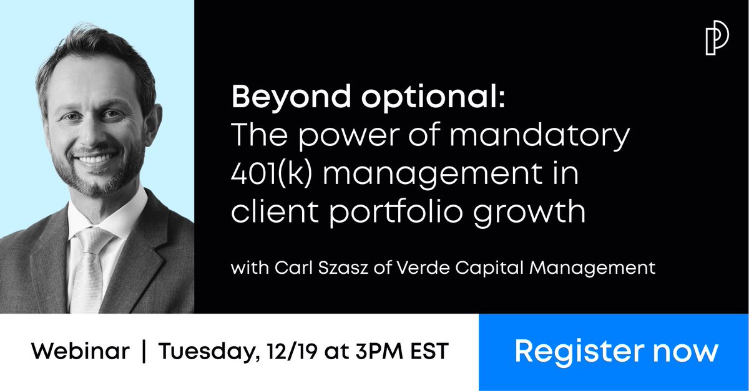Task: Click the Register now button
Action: click(x=615, y=351)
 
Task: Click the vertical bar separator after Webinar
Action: click(x=144, y=351)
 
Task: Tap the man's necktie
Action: click(x=87, y=263)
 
